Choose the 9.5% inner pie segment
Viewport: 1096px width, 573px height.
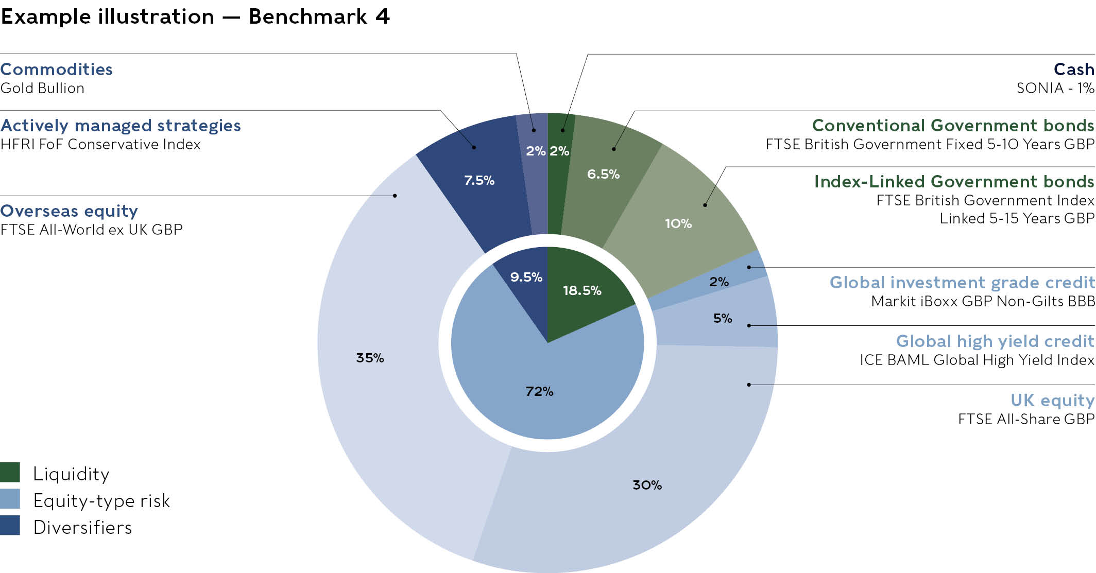[x=526, y=276]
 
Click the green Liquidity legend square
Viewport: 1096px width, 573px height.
[x=10, y=472]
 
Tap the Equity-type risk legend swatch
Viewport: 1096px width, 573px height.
[x=10, y=499]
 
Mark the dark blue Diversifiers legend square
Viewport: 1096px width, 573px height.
[x=10, y=526]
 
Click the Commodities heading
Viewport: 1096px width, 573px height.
[x=57, y=70]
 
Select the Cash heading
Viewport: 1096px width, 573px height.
[x=1074, y=70]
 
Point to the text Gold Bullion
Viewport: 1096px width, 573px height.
[x=42, y=88]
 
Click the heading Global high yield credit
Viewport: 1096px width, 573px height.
[x=995, y=341]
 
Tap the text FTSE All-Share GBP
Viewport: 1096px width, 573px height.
[x=1026, y=419]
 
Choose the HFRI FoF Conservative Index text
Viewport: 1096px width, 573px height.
[x=100, y=144]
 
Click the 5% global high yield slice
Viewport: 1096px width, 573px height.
[x=723, y=318]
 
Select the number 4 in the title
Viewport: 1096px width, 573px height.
[x=382, y=17]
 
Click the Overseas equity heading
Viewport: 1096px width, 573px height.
[x=69, y=211]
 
